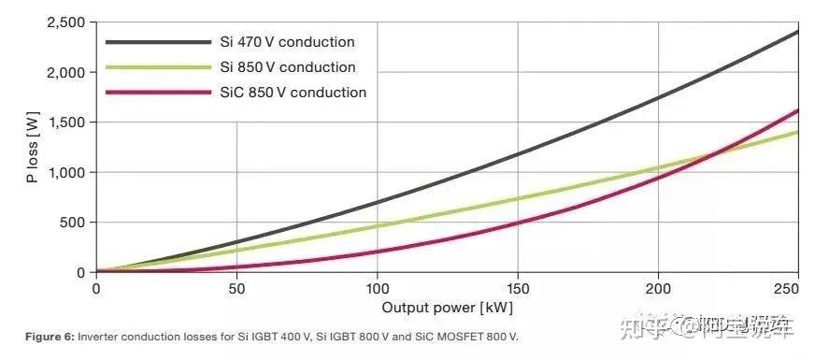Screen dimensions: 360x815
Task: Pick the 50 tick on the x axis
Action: [236, 289]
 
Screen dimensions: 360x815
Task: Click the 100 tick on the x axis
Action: [377, 289]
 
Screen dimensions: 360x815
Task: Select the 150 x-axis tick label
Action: [518, 289]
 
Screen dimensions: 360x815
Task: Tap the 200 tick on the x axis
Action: [658, 289]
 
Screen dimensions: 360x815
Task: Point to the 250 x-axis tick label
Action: [787, 289]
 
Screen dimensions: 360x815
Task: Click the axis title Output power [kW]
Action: [447, 307]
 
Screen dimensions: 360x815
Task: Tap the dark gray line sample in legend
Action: [158, 42]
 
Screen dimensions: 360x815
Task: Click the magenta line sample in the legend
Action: [158, 93]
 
